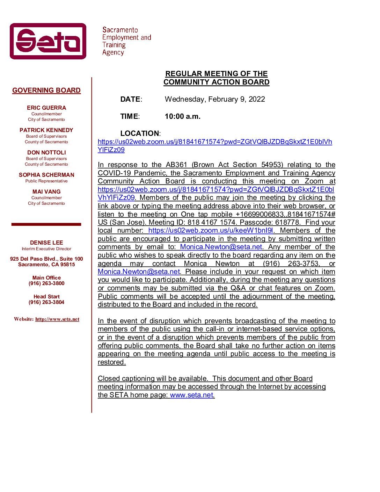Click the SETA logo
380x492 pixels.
click(48, 41)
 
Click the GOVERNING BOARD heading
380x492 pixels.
click(46, 91)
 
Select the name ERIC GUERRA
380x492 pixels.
click(46, 108)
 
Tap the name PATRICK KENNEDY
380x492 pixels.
click(46, 130)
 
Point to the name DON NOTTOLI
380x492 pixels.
click(46, 153)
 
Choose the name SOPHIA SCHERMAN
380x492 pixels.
click(46, 175)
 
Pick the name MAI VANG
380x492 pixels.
click(46, 192)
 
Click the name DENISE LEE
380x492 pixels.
click(46, 243)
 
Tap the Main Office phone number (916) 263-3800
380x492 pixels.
click(46, 283)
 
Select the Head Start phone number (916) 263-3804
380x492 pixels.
click(46, 302)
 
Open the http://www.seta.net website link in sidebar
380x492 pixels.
click(57, 319)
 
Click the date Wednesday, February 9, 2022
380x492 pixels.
click(215, 99)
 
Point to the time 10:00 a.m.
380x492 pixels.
click(183, 116)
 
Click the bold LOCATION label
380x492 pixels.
click(139, 133)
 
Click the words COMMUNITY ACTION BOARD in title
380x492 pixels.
click(217, 82)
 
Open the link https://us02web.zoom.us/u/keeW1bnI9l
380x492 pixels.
click(211, 231)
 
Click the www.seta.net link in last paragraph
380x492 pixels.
click(191, 395)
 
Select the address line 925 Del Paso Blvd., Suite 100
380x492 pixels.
click(46, 259)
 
